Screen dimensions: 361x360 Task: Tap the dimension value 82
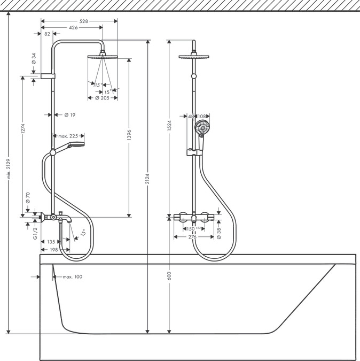tap(48, 34)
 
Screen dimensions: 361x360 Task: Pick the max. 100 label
tap(72, 276)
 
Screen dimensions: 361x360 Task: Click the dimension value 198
tap(53, 249)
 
